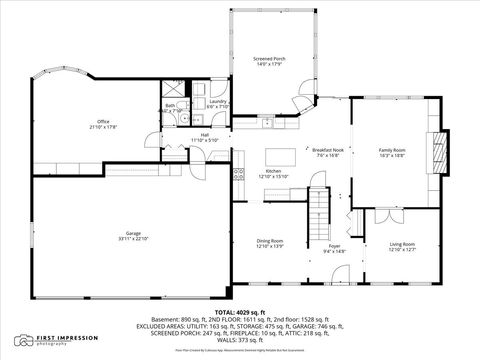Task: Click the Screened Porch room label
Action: pos(270,59)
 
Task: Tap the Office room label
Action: pos(103,121)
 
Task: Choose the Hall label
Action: pos(204,134)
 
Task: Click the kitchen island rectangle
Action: pos(280,156)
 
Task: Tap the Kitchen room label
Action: pos(273,171)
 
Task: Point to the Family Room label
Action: pos(391,150)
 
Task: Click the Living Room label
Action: pos(402,244)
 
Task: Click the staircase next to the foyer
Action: pos(318,209)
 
